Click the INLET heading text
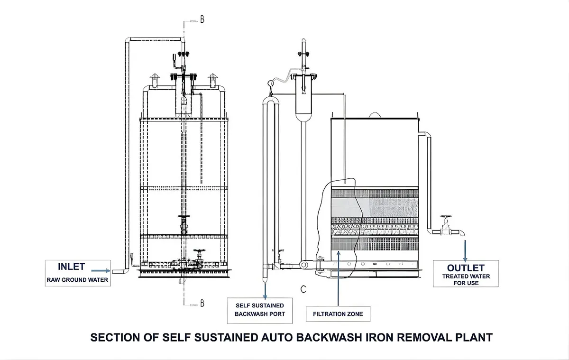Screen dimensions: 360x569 [x=72, y=267]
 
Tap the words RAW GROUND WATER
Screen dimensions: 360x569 [x=77, y=280]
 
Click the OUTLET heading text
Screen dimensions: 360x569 [x=466, y=268]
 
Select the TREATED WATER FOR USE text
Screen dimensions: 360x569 [x=467, y=279]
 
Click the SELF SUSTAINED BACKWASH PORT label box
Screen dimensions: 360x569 [x=259, y=310]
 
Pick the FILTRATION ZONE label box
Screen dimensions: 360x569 [x=338, y=314]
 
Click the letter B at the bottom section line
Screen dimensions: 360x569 [x=202, y=304]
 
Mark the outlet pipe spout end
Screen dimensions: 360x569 [x=462, y=233]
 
